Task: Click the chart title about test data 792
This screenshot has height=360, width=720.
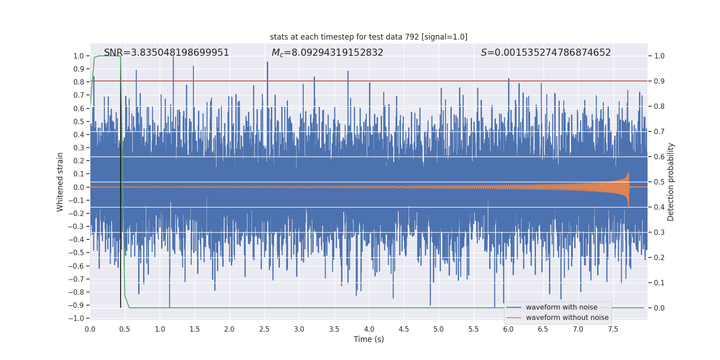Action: pyautogui.click(x=369, y=37)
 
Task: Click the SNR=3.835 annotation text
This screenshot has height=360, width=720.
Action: pyautogui.click(x=166, y=53)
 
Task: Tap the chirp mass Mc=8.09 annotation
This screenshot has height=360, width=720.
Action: pyautogui.click(x=327, y=53)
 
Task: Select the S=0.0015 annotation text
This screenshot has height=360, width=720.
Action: pyautogui.click(x=545, y=53)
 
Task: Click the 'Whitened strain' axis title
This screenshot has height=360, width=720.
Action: pyautogui.click(x=60, y=182)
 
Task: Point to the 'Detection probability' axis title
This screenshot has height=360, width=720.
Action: pyautogui.click(x=670, y=182)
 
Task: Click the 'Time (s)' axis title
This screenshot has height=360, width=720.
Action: pyautogui.click(x=369, y=339)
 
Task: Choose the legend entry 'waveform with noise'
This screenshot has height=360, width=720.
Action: pyautogui.click(x=561, y=307)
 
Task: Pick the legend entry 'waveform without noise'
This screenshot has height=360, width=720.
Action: pyautogui.click(x=567, y=318)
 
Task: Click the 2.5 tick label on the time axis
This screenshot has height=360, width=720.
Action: pyautogui.click(x=264, y=329)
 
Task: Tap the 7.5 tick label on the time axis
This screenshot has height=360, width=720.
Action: pyautogui.click(x=613, y=329)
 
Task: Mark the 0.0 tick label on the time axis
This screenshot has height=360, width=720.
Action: pyautogui.click(x=90, y=329)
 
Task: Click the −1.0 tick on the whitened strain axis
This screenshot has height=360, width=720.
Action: pyautogui.click(x=76, y=318)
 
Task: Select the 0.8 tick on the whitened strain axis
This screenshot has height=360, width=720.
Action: pyautogui.click(x=78, y=82)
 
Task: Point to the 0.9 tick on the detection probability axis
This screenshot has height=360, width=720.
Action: pyautogui.click(x=659, y=81)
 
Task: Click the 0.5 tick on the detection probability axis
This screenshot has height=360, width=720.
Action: pyautogui.click(x=659, y=182)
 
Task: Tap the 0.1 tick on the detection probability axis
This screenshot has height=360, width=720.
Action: pyautogui.click(x=659, y=283)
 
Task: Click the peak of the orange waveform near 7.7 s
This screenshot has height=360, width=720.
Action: pyautogui.click(x=628, y=173)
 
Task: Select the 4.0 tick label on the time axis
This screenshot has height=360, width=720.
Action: pyautogui.click(x=369, y=329)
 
